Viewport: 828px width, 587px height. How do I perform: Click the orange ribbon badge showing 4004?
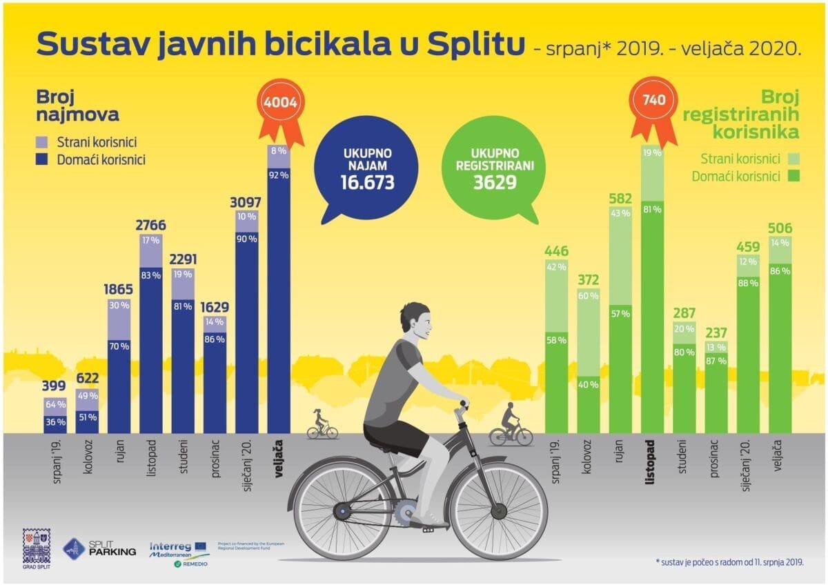pos(279,104)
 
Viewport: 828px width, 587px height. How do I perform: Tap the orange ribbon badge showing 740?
pos(653,101)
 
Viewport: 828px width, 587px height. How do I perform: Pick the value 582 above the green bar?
pos(620,199)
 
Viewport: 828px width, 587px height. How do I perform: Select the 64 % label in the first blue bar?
pos(56,404)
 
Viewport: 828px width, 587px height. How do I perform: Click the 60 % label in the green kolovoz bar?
pos(588,296)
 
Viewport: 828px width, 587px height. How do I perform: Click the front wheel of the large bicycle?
pos(497,510)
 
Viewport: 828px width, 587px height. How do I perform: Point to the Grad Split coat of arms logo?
pos(37,547)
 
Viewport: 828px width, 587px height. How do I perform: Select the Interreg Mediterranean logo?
pos(178,551)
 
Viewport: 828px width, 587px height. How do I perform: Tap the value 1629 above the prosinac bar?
pos(215,307)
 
